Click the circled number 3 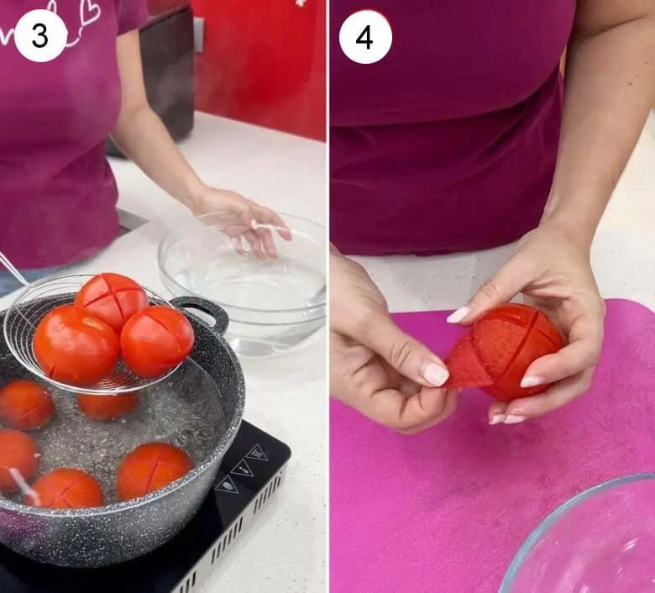click(x=40, y=35)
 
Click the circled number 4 click(x=365, y=37)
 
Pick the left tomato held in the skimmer click(x=76, y=345)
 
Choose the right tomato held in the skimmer click(x=157, y=340)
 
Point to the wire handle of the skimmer click(x=12, y=269)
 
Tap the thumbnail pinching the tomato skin click(x=435, y=374)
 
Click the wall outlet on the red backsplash click(x=198, y=34)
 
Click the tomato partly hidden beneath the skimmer click(x=107, y=404)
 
